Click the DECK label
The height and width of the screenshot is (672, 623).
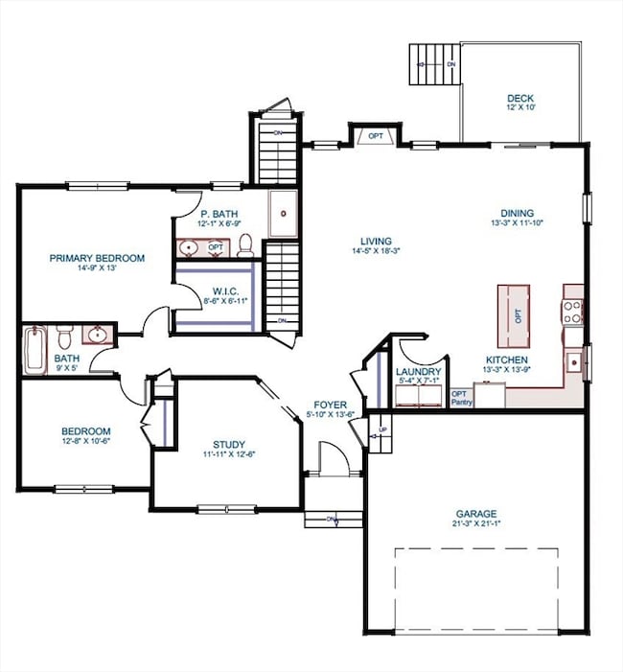[521, 98]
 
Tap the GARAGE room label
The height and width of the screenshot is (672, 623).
[476, 513]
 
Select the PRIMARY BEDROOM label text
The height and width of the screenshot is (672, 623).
[98, 258]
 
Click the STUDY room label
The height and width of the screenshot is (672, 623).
[228, 443]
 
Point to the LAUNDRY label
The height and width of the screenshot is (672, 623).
[418, 372]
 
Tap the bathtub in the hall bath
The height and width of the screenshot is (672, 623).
[34, 351]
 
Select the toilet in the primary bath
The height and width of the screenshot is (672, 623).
[244, 245]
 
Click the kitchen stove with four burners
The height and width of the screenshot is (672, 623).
[572, 312]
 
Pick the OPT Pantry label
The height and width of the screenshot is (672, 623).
[461, 398]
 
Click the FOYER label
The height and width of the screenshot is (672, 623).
[330, 405]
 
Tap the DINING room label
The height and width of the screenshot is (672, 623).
[517, 214]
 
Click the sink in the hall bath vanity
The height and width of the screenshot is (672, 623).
[97, 336]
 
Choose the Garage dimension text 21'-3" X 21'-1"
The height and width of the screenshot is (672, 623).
[476, 524]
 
